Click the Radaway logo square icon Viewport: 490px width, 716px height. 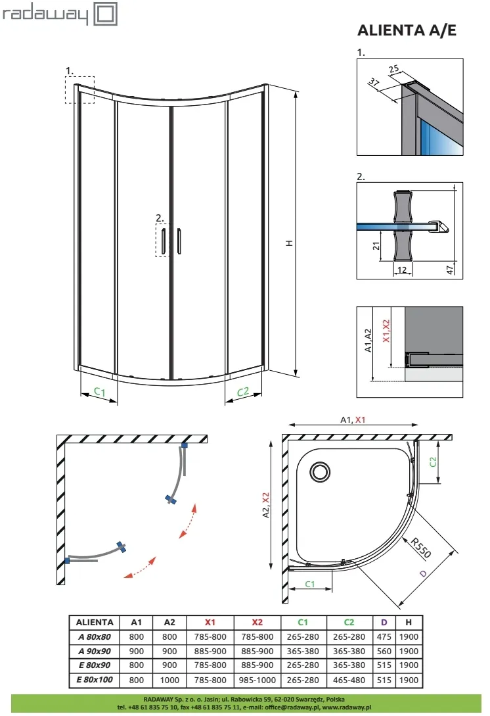tap(105, 14)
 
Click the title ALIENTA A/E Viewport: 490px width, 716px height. tap(407, 30)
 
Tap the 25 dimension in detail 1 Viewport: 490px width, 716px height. tap(393, 69)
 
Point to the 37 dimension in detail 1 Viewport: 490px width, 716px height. tap(374, 83)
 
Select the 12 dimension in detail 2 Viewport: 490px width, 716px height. tap(402, 270)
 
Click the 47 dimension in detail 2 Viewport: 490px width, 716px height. tap(450, 270)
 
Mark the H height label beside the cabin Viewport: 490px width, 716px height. tap(289, 243)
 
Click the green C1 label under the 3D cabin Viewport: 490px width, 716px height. tap(99, 391)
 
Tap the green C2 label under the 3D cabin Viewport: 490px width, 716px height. tap(243, 392)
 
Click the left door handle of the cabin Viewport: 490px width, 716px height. tap(163, 241)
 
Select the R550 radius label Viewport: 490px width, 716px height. tap(420, 548)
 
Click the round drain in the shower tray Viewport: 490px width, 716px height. tap(321, 471)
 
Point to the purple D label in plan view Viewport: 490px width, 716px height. tap(423, 573)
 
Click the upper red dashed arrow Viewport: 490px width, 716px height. tap(188, 521)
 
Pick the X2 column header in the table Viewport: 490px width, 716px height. tap(257, 622)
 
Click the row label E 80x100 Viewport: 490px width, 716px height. tap(95, 679)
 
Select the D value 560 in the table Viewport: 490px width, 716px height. tap(384, 651)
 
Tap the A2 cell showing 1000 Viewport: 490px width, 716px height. tap(169, 680)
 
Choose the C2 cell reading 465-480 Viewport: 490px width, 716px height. tap(349, 680)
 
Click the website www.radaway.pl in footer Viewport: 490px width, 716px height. tap(347, 707)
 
